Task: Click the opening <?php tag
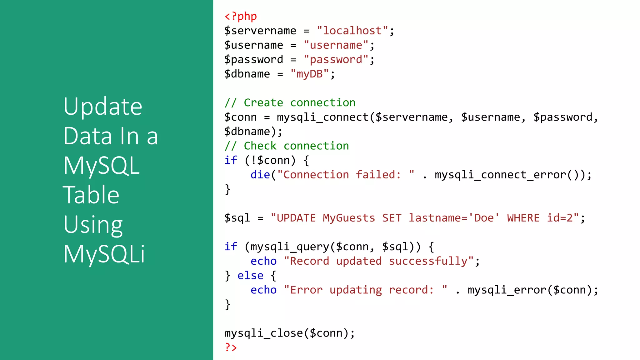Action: click(241, 16)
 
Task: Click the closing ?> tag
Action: click(231, 347)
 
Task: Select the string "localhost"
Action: click(352, 31)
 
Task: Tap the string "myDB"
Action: click(309, 74)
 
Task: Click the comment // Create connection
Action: click(290, 102)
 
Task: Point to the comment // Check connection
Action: click(287, 146)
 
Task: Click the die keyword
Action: click(260, 174)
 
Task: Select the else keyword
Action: click(250, 275)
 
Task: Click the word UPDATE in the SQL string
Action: click(296, 218)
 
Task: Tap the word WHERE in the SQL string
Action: click(523, 218)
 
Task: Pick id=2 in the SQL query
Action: click(560, 218)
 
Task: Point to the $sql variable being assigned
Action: click(237, 218)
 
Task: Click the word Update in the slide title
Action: click(103, 106)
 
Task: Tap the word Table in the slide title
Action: click(91, 195)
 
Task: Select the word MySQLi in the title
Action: click(104, 254)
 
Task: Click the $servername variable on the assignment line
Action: click(260, 31)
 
